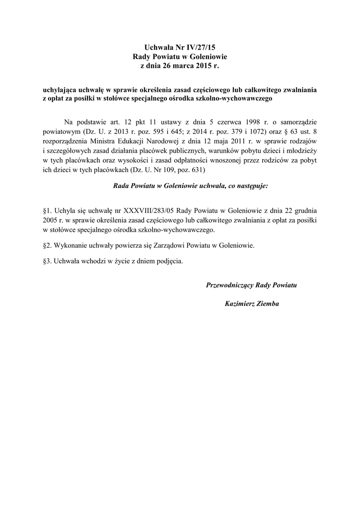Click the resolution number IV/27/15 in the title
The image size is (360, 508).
pos(202,48)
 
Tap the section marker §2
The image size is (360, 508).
pos(48,245)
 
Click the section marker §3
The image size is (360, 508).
pos(48,260)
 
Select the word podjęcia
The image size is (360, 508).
pos(169,260)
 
